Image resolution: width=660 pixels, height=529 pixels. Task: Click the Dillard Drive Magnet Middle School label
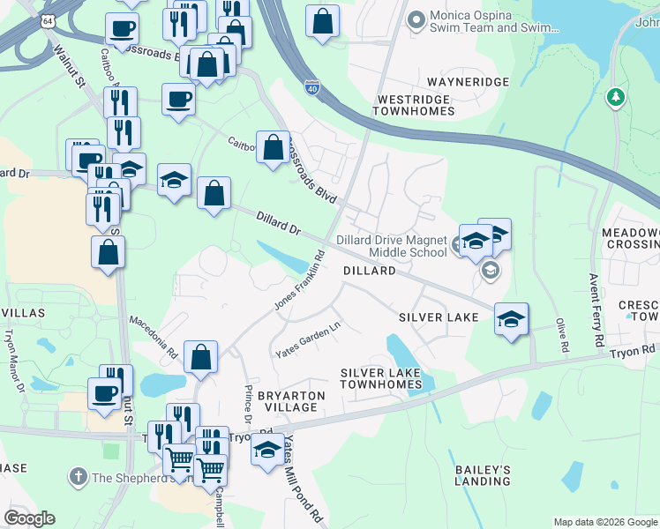coord(392,246)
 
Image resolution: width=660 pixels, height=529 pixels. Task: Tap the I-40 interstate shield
coord(311,87)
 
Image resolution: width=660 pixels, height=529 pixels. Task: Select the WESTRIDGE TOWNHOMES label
coord(415,105)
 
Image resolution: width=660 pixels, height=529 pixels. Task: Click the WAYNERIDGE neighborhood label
coord(469,82)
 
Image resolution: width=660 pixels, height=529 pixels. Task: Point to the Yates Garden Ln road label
coord(307,340)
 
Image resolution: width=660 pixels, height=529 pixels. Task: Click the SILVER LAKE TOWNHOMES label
coord(381,379)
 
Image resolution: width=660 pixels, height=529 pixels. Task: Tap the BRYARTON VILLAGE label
coord(287,402)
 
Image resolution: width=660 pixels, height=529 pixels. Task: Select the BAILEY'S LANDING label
coord(483,475)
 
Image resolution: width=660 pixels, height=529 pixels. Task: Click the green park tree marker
coord(616,98)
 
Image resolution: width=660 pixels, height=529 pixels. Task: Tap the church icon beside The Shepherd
coord(78,477)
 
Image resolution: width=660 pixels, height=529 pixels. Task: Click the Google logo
coord(29,518)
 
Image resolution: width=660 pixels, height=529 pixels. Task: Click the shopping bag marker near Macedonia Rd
coord(201,357)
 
